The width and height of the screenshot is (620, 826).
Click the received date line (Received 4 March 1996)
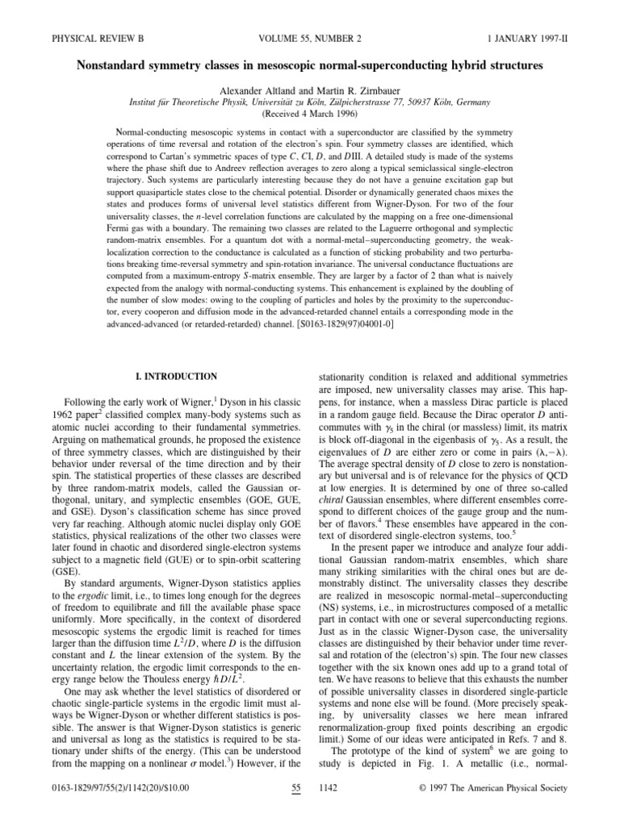pyautogui.click(x=310, y=93)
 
